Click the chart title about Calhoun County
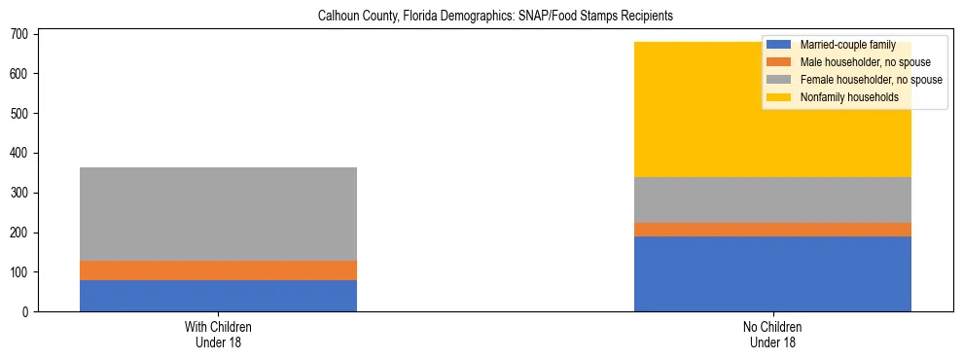pyautogui.click(x=495, y=17)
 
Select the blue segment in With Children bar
pyautogui.click(x=218, y=296)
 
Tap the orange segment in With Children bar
pyautogui.click(x=218, y=270)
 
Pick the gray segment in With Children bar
pyautogui.click(x=218, y=214)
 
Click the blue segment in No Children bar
pyautogui.click(x=772, y=274)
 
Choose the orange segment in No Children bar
pyautogui.click(x=772, y=230)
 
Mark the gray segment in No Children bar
pyautogui.click(x=772, y=200)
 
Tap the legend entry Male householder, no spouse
pyautogui.click(x=857, y=62)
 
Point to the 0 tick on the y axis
pyautogui.click(x=27, y=312)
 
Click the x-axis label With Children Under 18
pyautogui.click(x=218, y=334)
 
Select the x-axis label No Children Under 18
pyautogui.click(x=772, y=334)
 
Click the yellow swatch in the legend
pyautogui.click(x=779, y=97)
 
